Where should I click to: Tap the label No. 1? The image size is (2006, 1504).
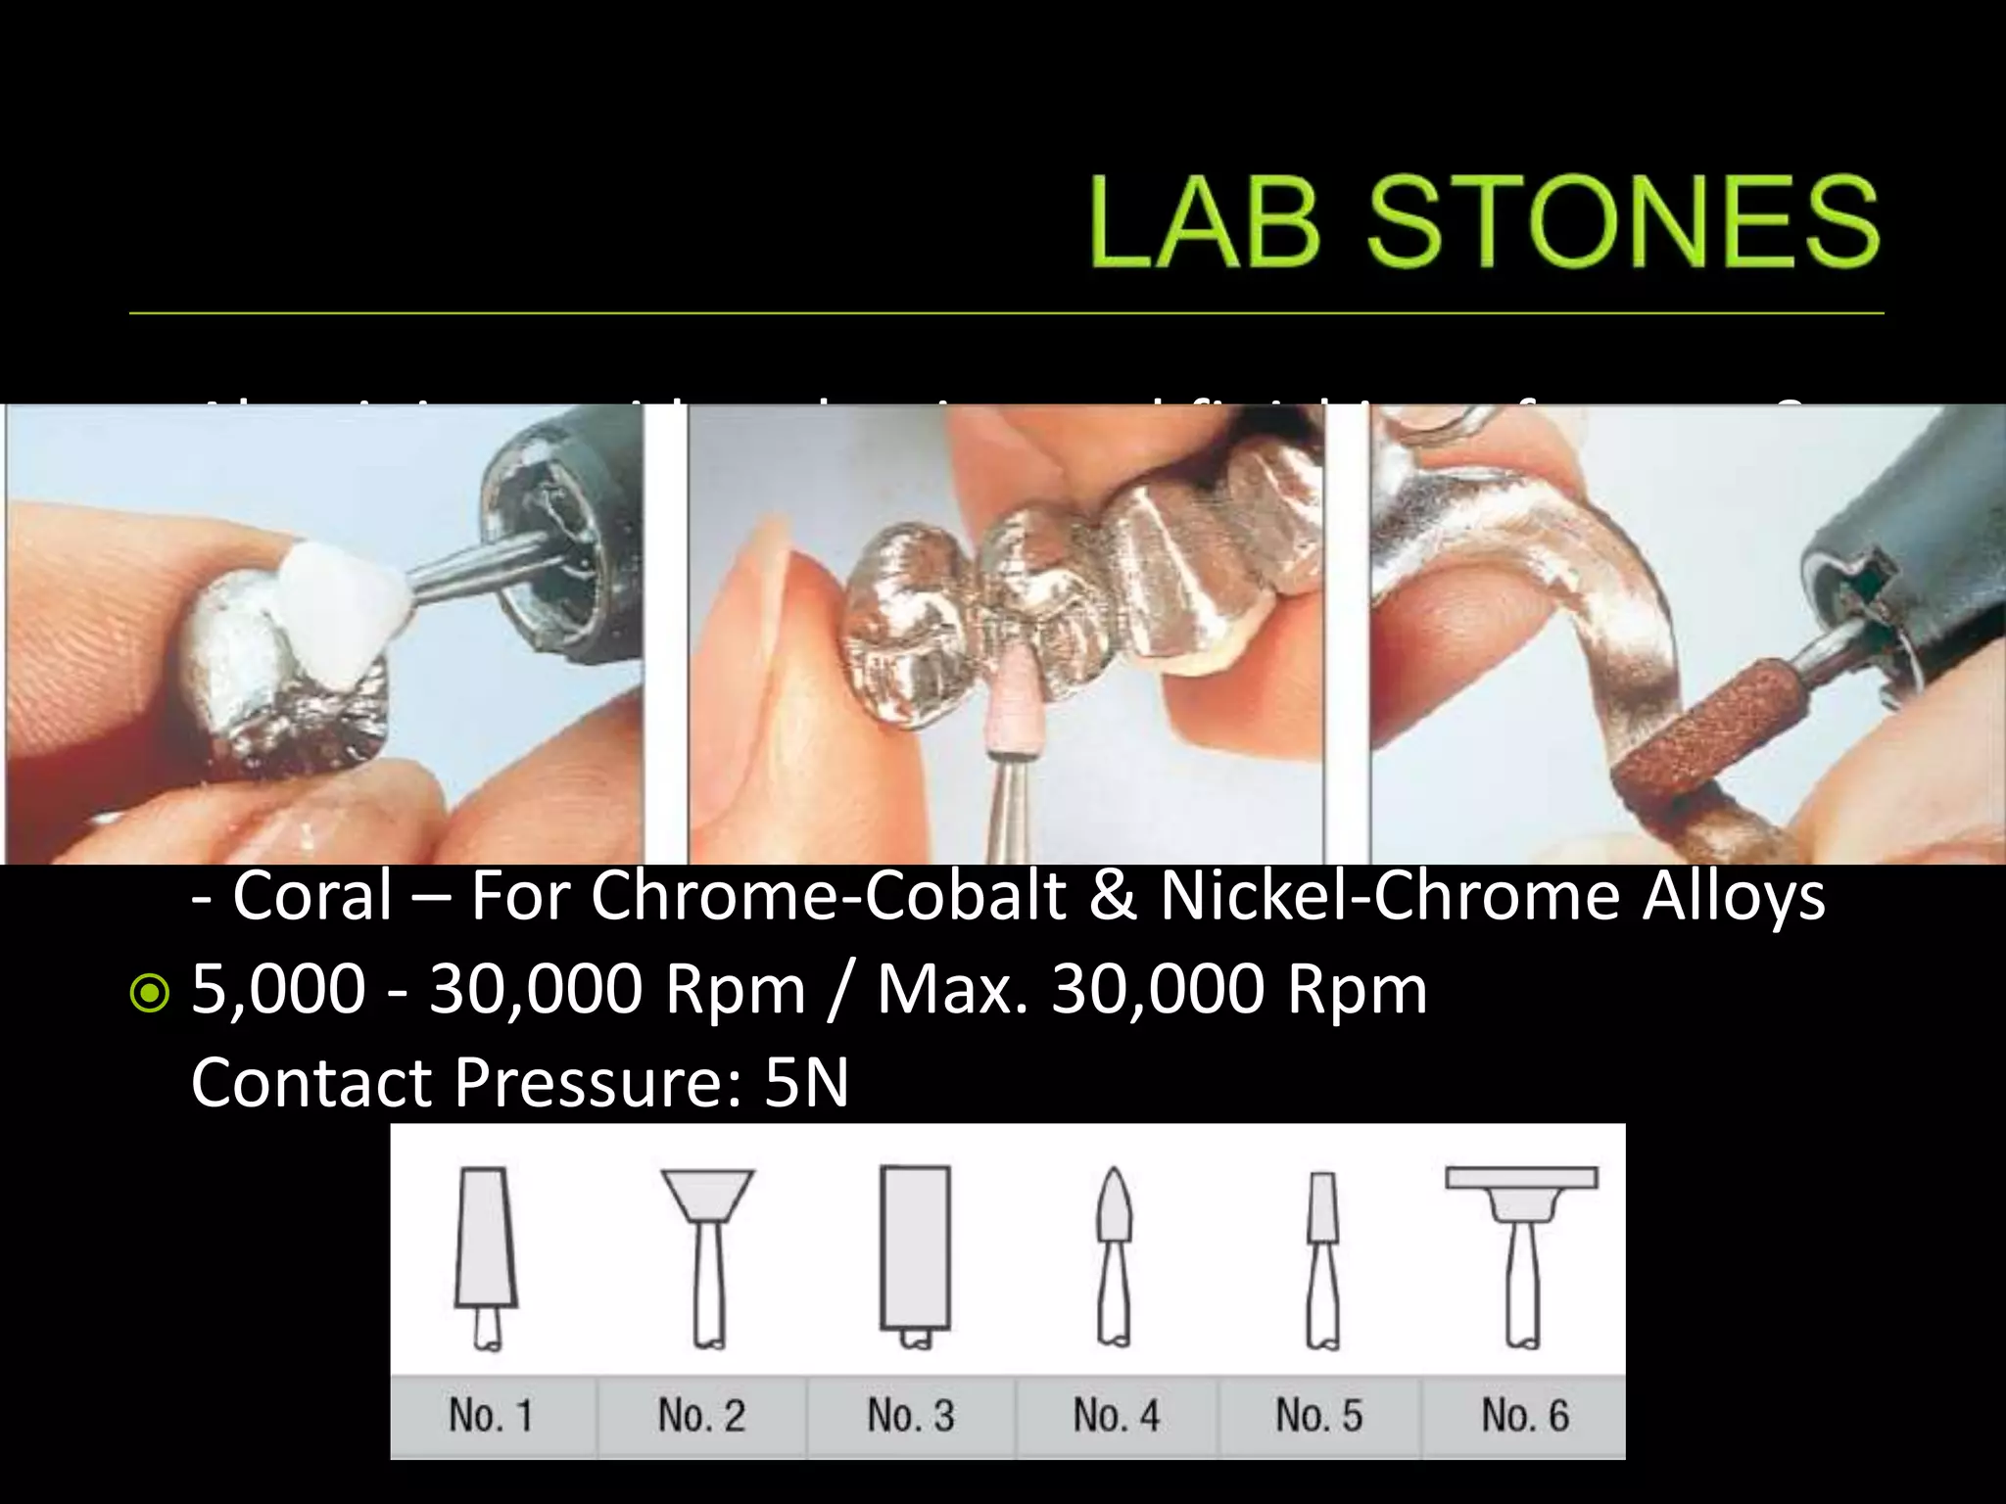coord(491,1416)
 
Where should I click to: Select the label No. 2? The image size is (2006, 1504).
coord(701,1416)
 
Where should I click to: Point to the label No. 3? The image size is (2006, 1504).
coord(911,1416)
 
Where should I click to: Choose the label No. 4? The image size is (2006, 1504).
coord(1116,1416)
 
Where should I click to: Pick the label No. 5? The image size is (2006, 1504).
coord(1319,1416)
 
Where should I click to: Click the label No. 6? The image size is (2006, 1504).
coord(1525,1416)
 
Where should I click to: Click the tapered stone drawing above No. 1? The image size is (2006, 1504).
coord(486,1239)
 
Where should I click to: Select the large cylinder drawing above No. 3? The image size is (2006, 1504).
coord(915,1244)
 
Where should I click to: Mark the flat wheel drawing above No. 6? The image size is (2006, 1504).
coord(1521,1178)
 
